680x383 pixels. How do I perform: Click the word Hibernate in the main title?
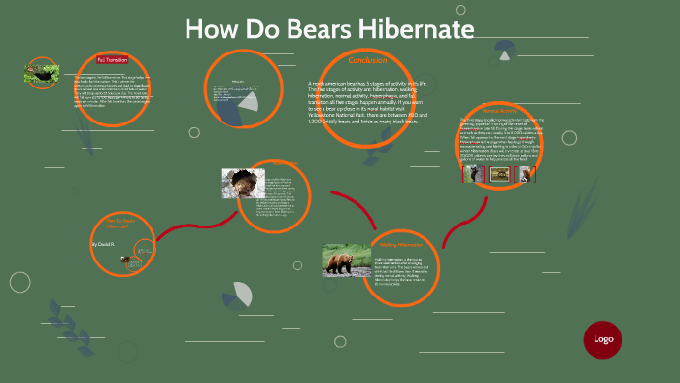(412, 30)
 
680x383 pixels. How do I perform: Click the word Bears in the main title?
(308, 30)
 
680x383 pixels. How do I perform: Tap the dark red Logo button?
(602, 339)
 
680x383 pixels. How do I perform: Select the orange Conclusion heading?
(367, 61)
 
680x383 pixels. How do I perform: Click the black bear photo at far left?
(42, 72)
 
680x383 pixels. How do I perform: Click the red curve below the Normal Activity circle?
(453, 229)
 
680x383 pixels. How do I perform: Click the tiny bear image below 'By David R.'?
(126, 260)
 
